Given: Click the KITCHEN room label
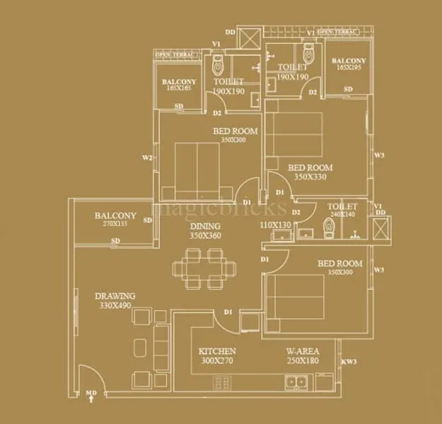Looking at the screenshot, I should [x=217, y=351].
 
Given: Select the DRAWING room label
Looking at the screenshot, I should [x=115, y=296].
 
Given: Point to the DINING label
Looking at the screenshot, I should [x=206, y=226].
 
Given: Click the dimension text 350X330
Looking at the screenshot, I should [x=310, y=177].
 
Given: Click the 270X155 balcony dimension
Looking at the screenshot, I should [x=115, y=224].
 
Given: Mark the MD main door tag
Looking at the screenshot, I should [x=91, y=392].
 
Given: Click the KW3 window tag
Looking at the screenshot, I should [x=349, y=362].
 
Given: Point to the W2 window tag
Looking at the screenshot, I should [x=147, y=158].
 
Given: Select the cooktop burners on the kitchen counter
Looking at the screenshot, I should [x=223, y=384].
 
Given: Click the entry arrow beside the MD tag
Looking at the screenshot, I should [x=91, y=400].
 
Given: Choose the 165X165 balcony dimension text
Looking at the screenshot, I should [x=179, y=90].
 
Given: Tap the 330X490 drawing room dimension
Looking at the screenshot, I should [x=115, y=305].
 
